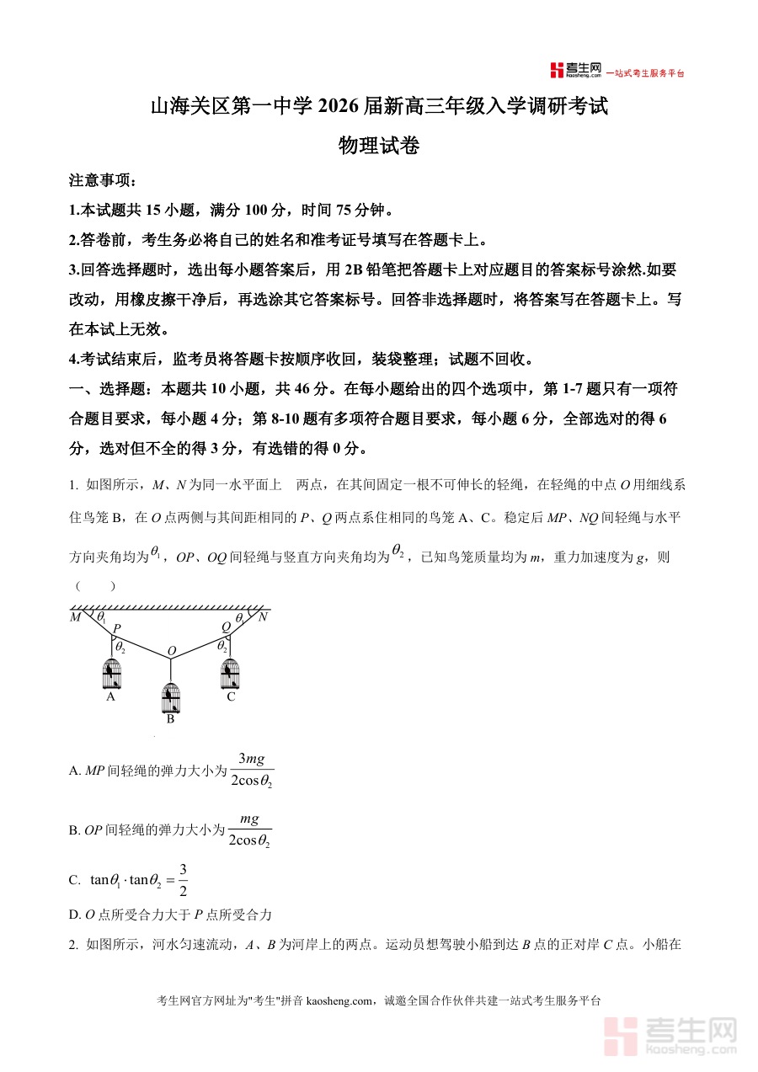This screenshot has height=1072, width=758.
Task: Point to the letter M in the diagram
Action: pyautogui.click(x=75, y=617)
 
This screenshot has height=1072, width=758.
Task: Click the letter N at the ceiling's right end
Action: pyautogui.click(x=263, y=616)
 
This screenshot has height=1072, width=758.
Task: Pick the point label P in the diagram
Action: pyautogui.click(x=116, y=628)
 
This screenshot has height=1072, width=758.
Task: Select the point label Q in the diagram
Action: pyautogui.click(x=226, y=627)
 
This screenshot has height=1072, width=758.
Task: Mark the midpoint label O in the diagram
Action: pyautogui.click(x=171, y=651)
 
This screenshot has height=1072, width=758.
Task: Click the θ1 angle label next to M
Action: pyautogui.click(x=101, y=617)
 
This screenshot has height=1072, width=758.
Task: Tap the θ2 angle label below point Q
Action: pyautogui.click(x=222, y=646)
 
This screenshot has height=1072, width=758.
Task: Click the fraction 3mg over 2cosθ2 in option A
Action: pyautogui.click(x=252, y=770)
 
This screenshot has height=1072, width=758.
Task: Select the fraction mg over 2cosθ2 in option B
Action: pyautogui.click(x=250, y=829)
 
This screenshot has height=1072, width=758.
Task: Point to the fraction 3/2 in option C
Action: pyautogui.click(x=183, y=880)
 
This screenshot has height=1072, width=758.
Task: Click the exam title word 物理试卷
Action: pyautogui.click(x=378, y=146)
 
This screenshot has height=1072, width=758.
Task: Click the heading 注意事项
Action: pyautogui.click(x=102, y=180)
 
